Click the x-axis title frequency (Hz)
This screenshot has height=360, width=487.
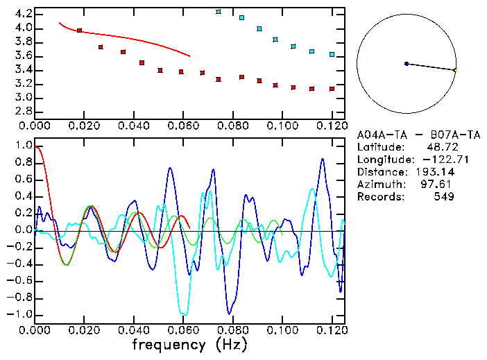(189, 343)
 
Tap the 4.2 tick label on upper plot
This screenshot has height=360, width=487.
(23, 14)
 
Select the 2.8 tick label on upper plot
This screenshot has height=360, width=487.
(23, 112)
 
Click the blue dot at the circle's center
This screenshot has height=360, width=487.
(407, 64)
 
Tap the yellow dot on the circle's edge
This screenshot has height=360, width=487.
(455, 70)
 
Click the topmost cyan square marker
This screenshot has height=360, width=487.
(219, 12)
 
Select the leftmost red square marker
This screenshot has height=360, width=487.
(79, 31)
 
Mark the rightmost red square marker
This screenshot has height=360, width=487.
(332, 89)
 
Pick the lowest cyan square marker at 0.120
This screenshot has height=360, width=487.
(332, 54)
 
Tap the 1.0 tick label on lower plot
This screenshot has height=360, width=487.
(23, 146)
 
